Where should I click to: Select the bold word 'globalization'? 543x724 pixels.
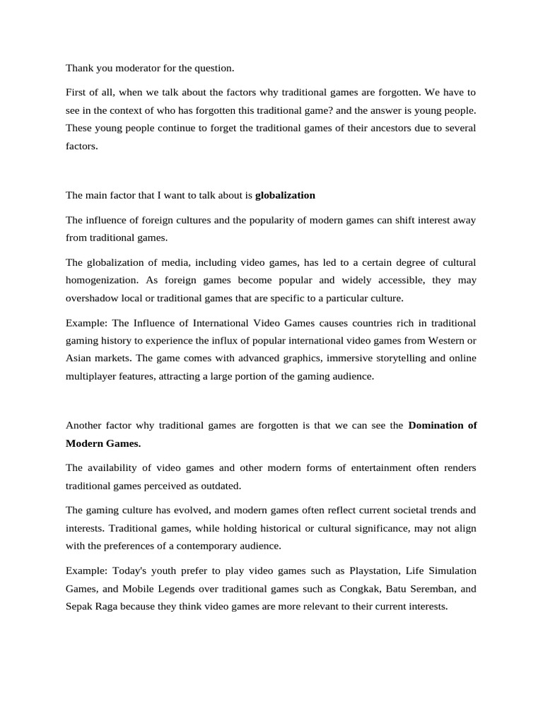click(285, 195)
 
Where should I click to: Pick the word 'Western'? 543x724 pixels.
click(443, 340)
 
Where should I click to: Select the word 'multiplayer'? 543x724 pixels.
click(90, 376)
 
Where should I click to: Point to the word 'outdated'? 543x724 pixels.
click(221, 486)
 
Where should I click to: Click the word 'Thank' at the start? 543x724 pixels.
click(79, 68)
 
